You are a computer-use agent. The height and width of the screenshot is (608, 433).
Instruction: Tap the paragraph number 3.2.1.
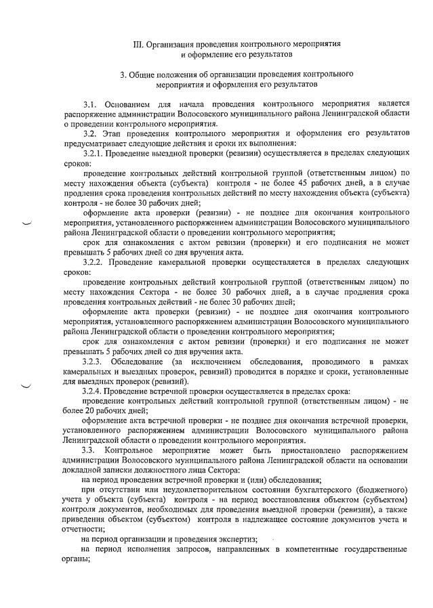point(94,155)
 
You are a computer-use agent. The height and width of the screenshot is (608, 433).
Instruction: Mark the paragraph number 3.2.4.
point(94,392)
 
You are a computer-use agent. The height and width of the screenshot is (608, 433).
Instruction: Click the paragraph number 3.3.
point(88,450)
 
